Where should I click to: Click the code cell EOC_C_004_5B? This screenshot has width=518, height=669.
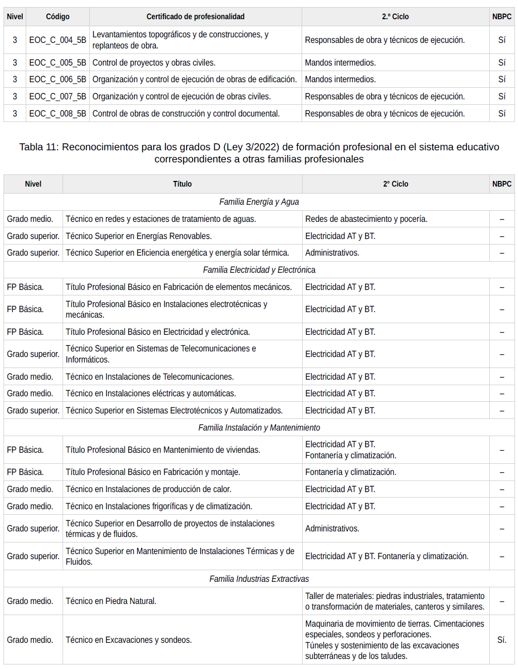[57, 40]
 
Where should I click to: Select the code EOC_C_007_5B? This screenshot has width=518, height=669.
[57, 96]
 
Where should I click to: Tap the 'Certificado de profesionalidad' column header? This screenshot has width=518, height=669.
[195, 17]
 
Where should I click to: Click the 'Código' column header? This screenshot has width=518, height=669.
[57, 17]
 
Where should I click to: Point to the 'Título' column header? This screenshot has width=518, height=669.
[182, 184]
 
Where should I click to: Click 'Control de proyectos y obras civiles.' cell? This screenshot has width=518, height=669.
[154, 63]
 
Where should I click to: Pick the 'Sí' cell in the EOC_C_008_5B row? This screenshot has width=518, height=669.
[501, 113]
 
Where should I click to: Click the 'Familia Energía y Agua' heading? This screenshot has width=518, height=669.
[259, 202]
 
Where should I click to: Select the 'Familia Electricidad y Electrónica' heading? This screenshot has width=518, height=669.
[259, 270]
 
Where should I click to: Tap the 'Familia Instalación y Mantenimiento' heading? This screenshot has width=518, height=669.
[259, 428]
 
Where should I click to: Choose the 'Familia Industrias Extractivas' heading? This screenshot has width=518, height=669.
[259, 579]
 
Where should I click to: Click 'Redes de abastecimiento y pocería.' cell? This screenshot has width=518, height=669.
[366, 219]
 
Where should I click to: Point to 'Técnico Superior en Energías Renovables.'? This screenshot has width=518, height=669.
[139, 236]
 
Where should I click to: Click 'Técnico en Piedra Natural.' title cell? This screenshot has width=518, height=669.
[111, 601]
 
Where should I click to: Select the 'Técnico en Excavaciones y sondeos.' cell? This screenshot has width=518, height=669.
[129, 640]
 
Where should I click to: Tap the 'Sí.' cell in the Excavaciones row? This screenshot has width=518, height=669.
[501, 640]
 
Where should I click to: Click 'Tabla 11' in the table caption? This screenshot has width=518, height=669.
[38, 147]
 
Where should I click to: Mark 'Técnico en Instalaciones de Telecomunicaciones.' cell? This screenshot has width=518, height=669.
[150, 377]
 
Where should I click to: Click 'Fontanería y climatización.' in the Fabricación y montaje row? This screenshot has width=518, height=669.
[351, 472]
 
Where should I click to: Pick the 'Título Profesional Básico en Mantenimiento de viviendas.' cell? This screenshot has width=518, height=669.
[163, 450]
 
